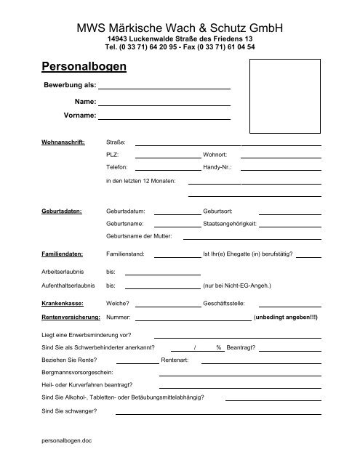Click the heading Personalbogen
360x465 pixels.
(80, 67)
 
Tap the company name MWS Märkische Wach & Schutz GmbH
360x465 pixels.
(180, 28)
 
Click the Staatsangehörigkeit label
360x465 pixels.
(230, 224)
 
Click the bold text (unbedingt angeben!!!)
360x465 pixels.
(285, 318)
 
